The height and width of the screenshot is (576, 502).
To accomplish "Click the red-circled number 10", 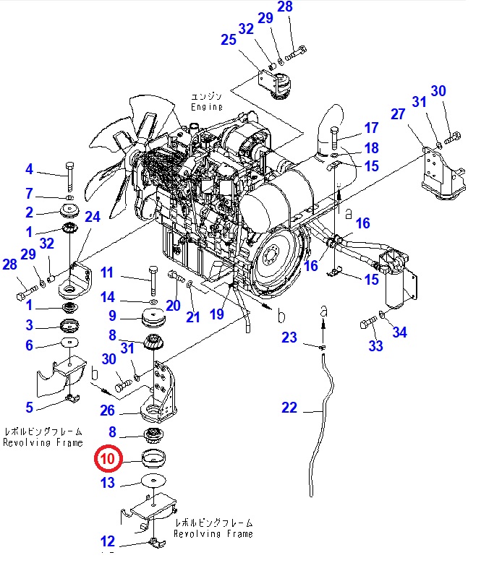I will coord(107,458).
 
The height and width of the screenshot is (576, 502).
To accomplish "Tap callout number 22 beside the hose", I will coord(289,408).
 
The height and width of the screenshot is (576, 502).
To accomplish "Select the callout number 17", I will coord(371,129).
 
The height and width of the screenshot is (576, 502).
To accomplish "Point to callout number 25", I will coord(229,40).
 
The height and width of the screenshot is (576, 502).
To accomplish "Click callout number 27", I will coord(398,115).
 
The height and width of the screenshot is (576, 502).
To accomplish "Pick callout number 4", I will coord(29,170).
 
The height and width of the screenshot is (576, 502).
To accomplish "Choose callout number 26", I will coord(107,410).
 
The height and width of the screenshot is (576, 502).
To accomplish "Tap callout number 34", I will coord(399,332).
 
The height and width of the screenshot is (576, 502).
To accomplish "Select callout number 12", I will coord(107,541).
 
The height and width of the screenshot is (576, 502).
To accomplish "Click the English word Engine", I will coord(207,107).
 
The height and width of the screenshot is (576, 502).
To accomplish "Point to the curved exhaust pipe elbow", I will coord(329,127).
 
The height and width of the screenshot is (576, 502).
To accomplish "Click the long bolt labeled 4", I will coord(69,176).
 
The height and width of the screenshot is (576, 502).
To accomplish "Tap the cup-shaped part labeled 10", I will coord(153,457).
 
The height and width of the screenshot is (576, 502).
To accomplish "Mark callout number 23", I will coord(289,337).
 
